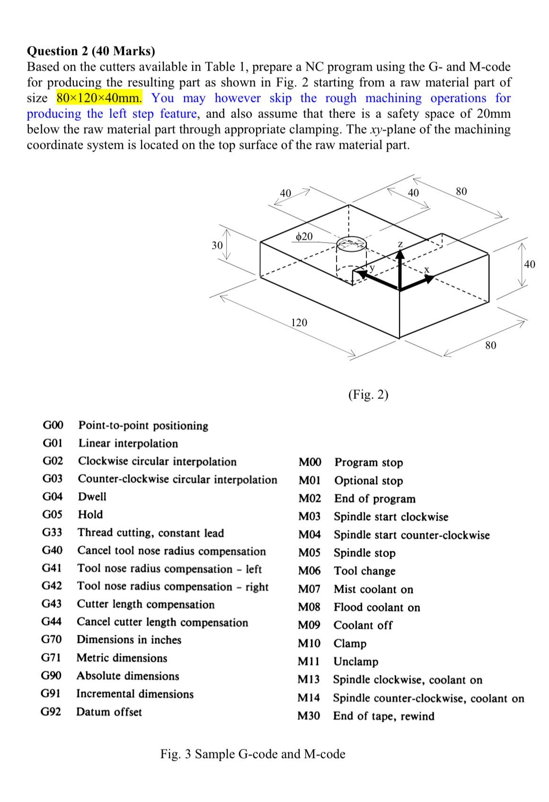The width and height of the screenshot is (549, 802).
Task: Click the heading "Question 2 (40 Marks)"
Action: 91,51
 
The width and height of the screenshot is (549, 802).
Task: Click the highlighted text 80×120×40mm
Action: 99,98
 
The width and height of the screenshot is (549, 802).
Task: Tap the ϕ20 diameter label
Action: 303,236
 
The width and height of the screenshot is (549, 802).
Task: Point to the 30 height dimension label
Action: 217,245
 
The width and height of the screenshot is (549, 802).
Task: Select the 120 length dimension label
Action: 299,323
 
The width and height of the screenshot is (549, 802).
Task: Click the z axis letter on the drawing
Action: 400,243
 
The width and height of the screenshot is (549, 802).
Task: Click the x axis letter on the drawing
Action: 426,270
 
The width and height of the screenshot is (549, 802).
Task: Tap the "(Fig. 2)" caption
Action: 368,395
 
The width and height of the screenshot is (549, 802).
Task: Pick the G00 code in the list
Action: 53,425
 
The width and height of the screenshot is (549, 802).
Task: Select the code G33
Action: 52,532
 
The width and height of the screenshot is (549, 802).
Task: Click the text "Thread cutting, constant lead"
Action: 151,533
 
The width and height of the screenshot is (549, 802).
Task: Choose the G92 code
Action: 51,712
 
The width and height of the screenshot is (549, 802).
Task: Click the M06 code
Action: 309,571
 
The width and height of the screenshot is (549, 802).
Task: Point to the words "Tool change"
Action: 364,571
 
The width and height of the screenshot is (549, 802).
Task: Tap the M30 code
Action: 309,716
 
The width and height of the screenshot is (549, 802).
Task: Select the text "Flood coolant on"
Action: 377,607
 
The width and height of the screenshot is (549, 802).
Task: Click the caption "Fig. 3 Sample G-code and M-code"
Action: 253,754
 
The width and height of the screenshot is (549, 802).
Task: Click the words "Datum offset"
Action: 109,712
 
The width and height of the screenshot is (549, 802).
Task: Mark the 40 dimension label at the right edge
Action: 530,264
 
